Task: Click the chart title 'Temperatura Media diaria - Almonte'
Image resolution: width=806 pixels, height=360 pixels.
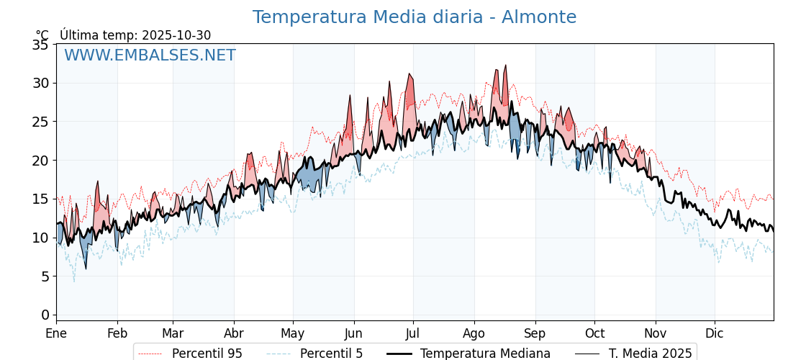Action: [414, 17]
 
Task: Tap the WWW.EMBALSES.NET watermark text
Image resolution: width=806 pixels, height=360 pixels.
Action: [150, 55]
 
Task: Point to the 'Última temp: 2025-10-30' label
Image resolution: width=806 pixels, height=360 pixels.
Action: [135, 35]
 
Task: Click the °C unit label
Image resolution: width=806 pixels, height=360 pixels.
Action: [42, 35]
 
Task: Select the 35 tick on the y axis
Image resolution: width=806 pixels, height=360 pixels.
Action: [40, 45]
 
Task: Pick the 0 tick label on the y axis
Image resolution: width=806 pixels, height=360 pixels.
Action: [45, 315]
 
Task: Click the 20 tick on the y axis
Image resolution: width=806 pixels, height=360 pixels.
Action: [40, 160]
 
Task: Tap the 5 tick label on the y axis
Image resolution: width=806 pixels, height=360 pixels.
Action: [45, 276]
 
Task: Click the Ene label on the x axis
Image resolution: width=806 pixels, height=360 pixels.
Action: [56, 333]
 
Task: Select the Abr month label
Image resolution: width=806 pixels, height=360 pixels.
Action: [234, 333]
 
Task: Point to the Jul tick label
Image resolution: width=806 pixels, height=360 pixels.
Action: [413, 333]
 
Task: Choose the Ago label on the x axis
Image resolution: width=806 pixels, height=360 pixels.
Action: [474, 333]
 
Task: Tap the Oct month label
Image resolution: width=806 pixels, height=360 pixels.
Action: [594, 333]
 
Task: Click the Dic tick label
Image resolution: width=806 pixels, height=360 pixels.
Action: [715, 333]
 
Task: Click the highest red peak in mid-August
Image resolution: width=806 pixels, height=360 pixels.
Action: [505, 66]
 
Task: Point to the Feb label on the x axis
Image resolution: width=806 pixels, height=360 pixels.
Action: [117, 333]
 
